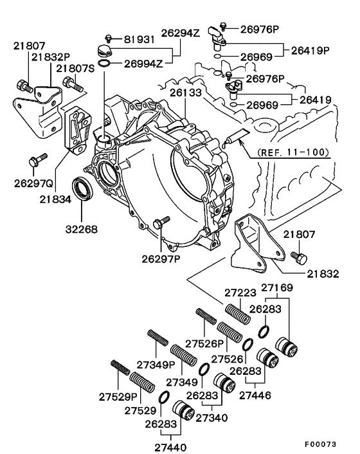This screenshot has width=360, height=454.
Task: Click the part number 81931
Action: pos(139,40)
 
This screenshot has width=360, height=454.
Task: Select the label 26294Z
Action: pos(182,33)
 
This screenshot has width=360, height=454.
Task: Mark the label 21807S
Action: pos(76,68)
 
